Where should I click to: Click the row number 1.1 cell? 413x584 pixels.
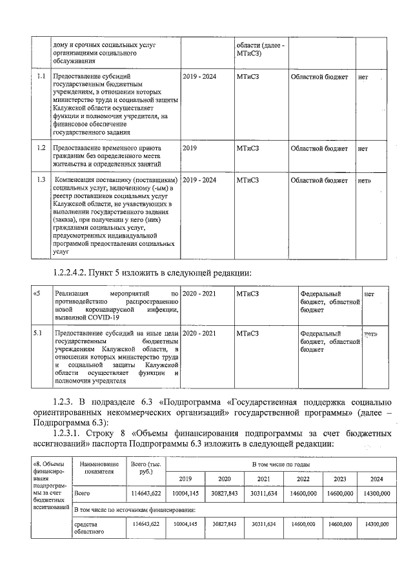click(41, 77)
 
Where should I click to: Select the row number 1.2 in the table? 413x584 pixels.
click(41, 148)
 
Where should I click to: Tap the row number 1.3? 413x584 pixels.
click(41, 179)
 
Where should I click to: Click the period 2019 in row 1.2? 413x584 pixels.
click(190, 148)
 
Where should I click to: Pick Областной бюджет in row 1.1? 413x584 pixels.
click(319, 77)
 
